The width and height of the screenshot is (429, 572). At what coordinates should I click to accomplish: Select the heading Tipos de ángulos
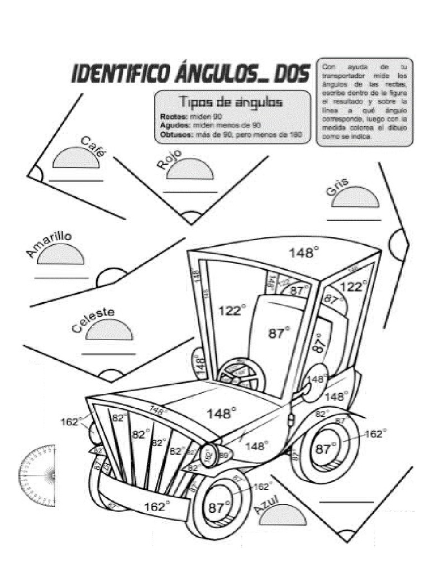[230, 102]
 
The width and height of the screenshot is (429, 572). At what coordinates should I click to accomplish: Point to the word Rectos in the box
[170, 117]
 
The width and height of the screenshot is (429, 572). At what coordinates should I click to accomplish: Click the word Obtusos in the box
[174, 135]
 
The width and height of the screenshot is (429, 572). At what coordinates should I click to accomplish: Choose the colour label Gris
[337, 187]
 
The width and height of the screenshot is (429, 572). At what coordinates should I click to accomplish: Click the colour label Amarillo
[48, 245]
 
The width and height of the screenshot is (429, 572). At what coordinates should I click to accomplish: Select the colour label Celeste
[93, 320]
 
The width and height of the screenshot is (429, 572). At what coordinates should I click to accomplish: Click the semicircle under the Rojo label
[190, 169]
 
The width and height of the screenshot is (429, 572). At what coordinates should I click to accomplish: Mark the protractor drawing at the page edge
[38, 475]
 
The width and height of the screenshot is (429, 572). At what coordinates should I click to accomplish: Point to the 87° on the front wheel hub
[220, 508]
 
